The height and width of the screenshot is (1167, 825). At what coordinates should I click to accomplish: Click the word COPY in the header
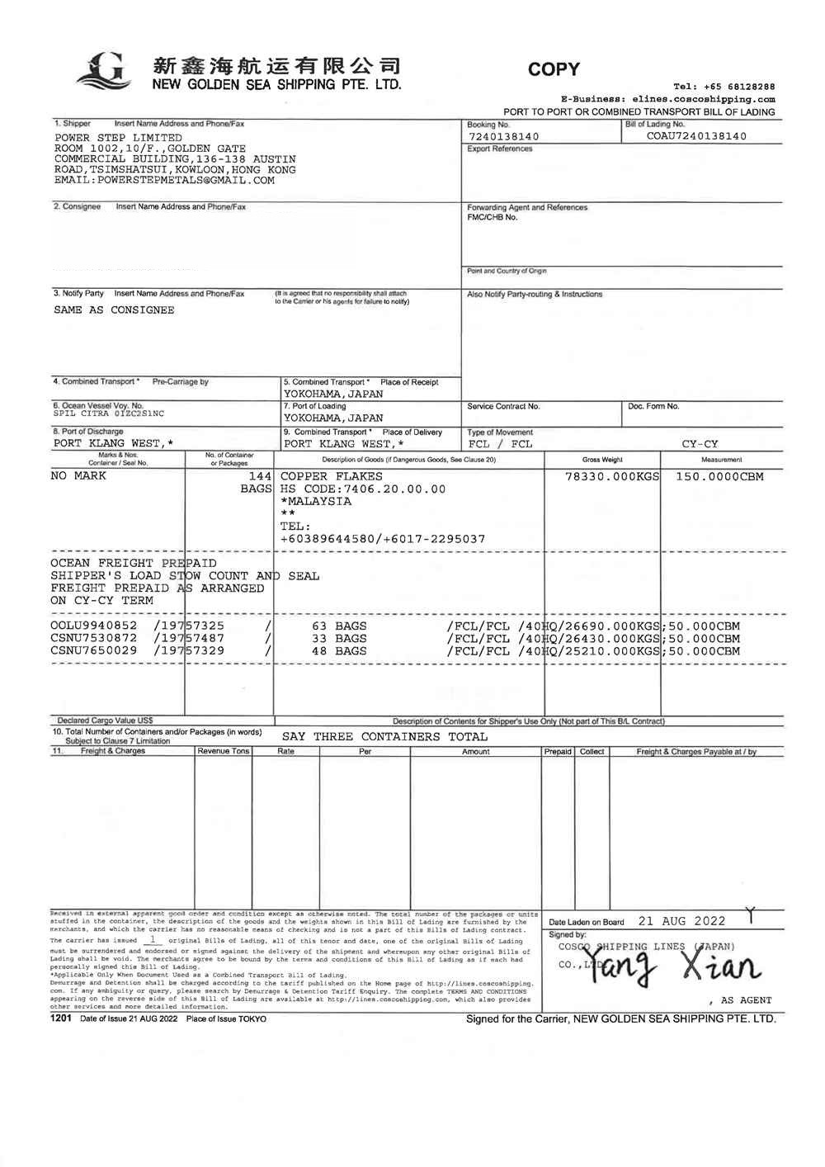tap(554, 69)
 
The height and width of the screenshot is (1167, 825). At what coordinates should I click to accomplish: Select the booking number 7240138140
tap(503, 137)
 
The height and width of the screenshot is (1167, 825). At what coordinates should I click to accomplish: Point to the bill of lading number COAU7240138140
tap(696, 136)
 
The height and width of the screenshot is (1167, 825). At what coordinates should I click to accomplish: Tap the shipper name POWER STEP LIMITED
tap(118, 138)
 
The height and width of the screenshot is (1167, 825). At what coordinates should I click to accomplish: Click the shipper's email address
tap(164, 180)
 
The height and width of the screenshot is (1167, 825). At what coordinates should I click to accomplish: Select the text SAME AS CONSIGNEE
tap(114, 310)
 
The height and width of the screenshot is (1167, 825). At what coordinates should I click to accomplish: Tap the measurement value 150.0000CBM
tap(719, 476)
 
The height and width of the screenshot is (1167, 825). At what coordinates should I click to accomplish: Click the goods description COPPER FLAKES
tap(332, 476)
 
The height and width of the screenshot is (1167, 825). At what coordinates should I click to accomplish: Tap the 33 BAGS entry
tap(339, 638)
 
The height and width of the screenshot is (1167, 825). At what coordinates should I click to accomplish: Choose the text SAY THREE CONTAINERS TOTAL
tap(384, 737)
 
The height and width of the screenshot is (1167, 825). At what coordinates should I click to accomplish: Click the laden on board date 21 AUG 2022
tap(681, 921)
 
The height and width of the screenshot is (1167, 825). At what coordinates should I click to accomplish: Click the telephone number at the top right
tap(724, 87)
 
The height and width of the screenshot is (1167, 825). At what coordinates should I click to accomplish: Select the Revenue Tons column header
tap(223, 752)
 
